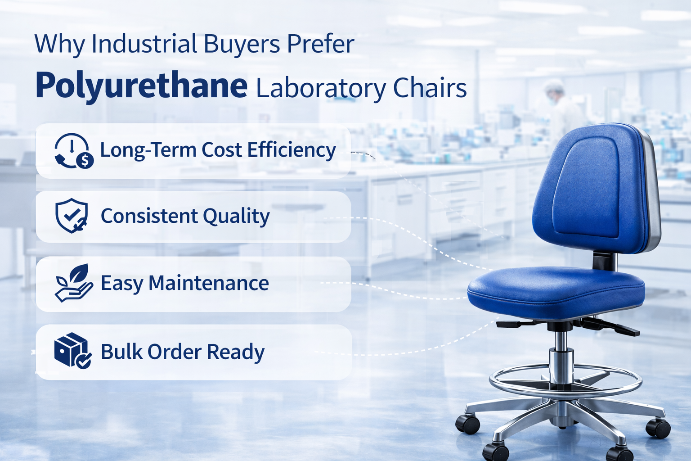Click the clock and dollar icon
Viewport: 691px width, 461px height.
[x=74, y=151]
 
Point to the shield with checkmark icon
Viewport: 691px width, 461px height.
[x=71, y=216]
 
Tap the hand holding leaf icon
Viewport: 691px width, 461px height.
[x=74, y=283]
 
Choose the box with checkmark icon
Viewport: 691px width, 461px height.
[x=72, y=350]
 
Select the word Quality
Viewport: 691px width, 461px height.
[x=236, y=217]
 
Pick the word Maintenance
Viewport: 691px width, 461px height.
[x=209, y=283]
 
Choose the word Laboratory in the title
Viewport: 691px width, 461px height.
[x=321, y=89]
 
